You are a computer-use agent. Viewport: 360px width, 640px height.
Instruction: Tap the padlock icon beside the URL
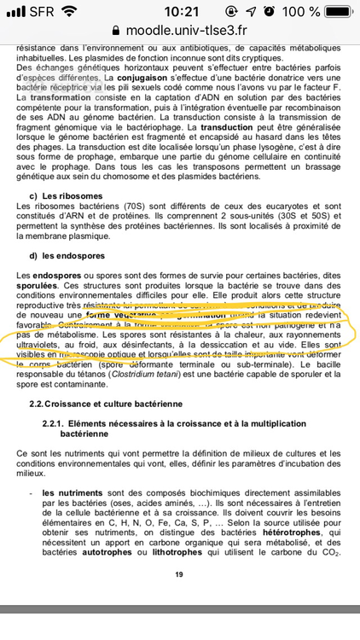click(x=114, y=31)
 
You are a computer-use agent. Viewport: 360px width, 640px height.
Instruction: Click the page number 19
click(x=178, y=574)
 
